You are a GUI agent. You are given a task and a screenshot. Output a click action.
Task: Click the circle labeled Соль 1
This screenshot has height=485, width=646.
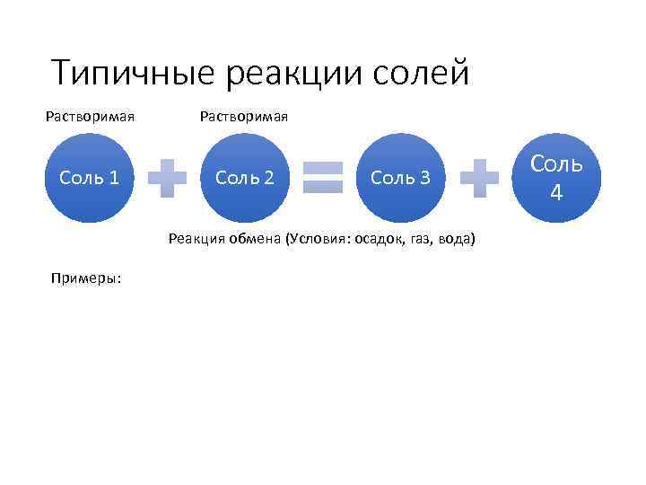89,178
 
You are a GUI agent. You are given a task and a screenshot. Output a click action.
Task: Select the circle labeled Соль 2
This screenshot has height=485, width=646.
245,178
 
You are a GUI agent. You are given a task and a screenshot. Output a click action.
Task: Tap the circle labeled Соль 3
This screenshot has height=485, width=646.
400,178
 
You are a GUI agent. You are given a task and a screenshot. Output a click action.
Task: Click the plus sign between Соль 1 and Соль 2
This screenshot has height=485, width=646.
167,178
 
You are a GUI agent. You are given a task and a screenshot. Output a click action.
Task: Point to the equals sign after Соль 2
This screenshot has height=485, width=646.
323,178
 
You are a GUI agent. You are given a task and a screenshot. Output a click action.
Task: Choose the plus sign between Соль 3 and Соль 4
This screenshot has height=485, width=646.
479,178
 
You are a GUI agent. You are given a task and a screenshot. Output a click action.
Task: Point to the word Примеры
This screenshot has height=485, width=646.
88,278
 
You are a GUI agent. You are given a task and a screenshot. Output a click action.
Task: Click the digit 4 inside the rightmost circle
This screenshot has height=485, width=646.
556,191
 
